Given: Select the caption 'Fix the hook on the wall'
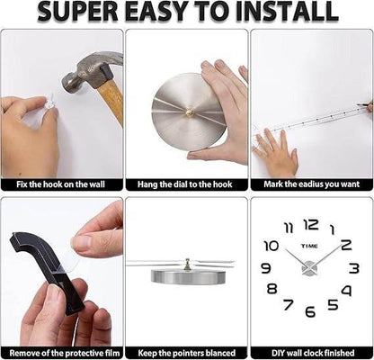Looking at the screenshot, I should pos(62,184).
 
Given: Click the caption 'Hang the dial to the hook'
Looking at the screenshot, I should pos(186,184).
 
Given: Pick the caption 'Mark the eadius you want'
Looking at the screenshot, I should pos(311,184).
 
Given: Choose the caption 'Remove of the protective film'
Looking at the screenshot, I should pos(62,353).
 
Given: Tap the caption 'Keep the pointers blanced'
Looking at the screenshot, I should pos(186,353).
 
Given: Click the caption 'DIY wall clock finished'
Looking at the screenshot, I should pos(311,353).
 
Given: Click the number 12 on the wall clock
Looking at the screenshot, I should pos(310,225).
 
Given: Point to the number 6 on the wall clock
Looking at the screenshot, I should pos(310,311).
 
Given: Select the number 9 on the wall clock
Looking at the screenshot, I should pos(265,268).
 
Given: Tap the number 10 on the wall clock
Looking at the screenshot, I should pos(272,245).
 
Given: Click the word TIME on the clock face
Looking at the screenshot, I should pos(310,245).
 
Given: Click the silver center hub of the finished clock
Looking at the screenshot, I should pos(310,267).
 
